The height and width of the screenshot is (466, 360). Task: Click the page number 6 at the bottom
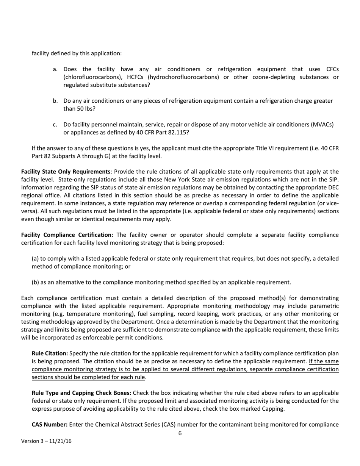click(x=180, y=433)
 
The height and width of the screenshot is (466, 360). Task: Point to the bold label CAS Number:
click(x=49, y=424)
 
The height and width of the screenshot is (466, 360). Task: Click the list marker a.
click(x=55, y=69)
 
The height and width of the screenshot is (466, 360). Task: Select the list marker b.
click(x=55, y=101)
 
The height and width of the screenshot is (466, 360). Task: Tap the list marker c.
click(x=55, y=125)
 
